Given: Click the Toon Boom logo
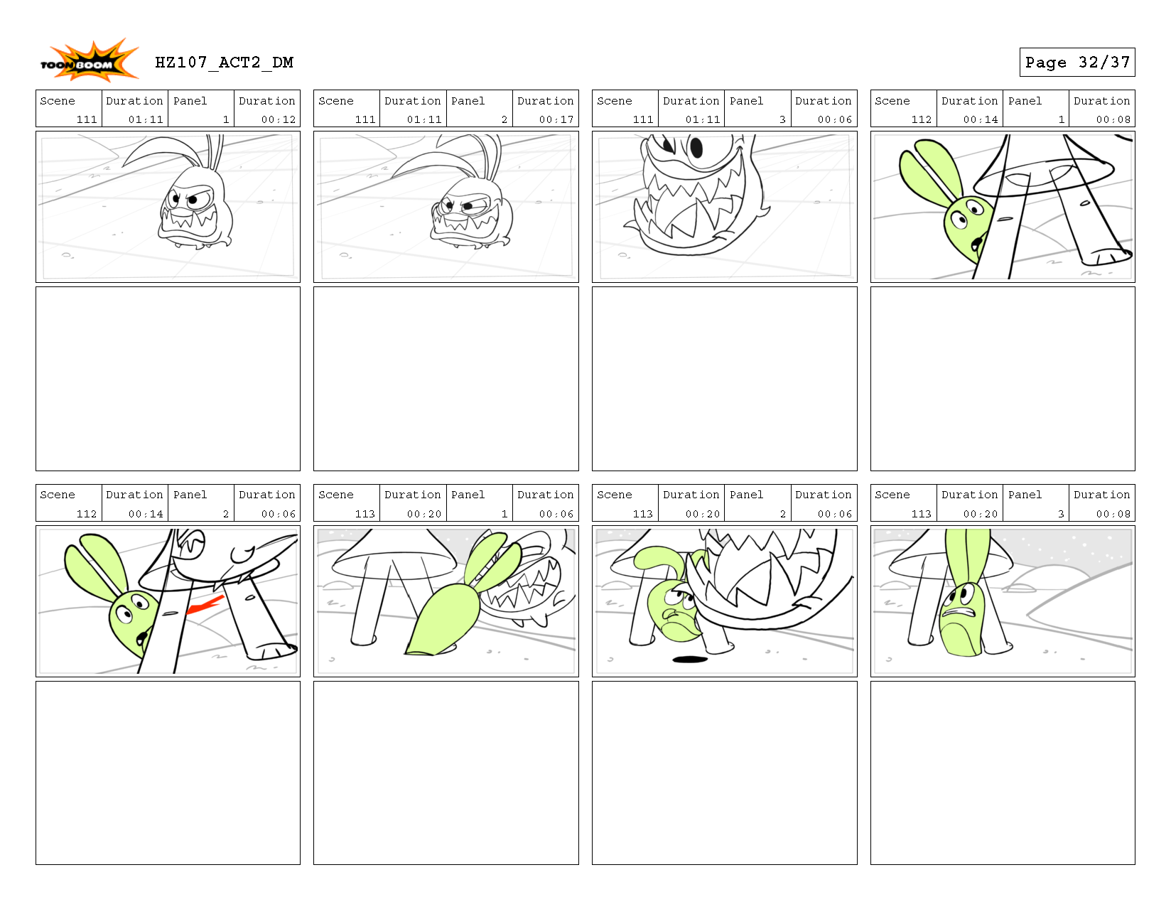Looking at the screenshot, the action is [x=88, y=60].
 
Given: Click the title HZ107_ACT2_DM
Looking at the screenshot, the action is [x=224, y=63].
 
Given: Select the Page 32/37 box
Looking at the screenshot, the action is [x=1076, y=63].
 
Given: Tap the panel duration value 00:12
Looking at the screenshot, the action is [x=278, y=119].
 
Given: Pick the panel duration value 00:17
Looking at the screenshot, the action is [x=556, y=119].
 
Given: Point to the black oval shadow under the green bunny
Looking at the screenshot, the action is [x=690, y=659].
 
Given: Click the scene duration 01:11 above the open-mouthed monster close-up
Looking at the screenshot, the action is [x=702, y=119].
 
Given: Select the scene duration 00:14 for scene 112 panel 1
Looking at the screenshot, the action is [x=981, y=119].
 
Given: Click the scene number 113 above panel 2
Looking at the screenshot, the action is [x=642, y=514].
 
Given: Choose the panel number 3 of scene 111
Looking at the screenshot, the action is [x=782, y=119].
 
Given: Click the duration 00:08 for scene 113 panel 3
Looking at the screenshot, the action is [x=1113, y=514].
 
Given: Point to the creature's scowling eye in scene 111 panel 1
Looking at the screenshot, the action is [x=195, y=200].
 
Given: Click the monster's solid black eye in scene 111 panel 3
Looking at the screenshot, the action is [x=696, y=147].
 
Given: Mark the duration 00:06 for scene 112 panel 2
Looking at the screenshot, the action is [x=278, y=514].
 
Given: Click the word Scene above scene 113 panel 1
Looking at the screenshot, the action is [x=335, y=495].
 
